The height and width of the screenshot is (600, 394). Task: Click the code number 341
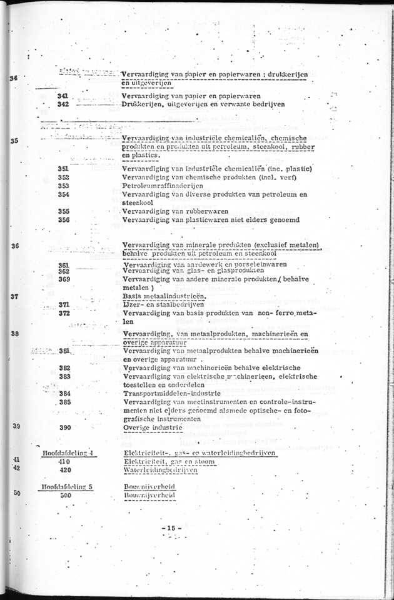click(x=63, y=96)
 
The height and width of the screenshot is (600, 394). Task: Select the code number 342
click(x=63, y=104)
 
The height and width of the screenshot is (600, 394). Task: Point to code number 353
click(x=63, y=186)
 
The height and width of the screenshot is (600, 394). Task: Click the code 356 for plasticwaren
click(x=63, y=219)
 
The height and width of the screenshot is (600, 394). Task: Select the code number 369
click(x=63, y=279)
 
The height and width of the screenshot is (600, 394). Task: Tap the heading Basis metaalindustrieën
click(x=163, y=296)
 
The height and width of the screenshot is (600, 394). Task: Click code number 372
click(x=63, y=313)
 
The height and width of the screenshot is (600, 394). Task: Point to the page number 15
click(x=171, y=529)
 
